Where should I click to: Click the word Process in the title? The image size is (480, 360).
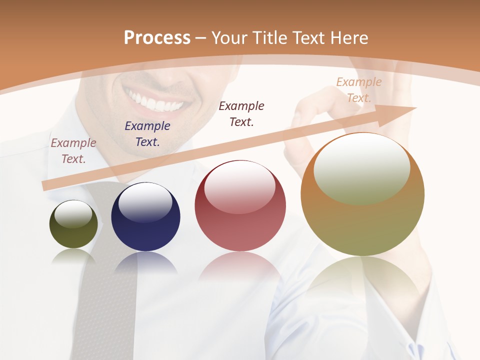coord(157,37)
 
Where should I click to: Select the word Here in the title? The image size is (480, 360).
coord(347,38)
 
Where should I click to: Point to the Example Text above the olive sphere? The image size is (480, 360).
coord(73,151)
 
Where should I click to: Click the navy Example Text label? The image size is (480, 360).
coord(147,134)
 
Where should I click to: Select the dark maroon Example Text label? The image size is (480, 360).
coord(241,114)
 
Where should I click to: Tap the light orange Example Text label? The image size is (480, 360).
coord(359,90)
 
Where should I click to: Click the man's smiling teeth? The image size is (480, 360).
coord(154,103)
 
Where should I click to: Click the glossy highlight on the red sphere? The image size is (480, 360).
coord(239,186)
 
